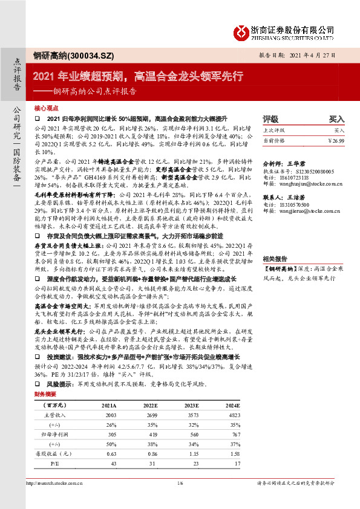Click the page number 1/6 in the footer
pos(180,500)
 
